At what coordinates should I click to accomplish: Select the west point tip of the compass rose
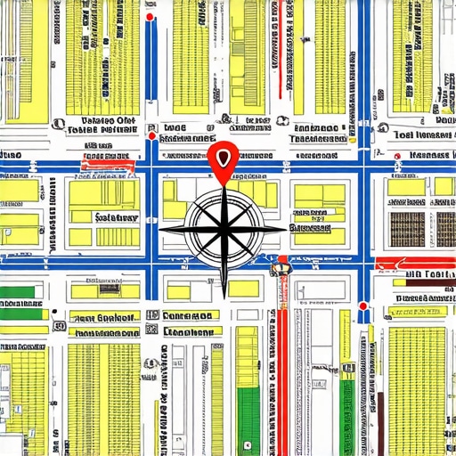160,229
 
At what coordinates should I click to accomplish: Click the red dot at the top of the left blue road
152,15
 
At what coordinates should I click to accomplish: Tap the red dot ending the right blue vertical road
363,306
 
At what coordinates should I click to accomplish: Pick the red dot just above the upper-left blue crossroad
152,137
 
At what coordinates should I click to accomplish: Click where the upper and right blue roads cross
363,165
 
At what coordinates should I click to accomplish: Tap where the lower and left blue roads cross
152,265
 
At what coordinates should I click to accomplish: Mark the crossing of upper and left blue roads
152,165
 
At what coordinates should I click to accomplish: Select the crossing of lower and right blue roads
363,265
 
